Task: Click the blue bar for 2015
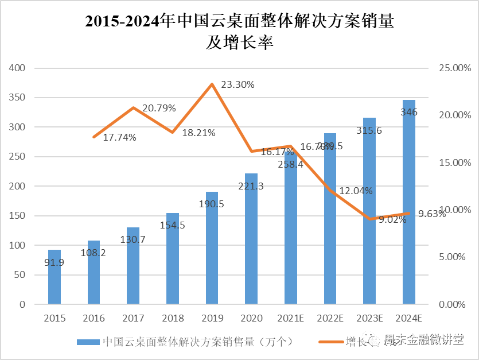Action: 54,277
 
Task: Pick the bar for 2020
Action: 251,239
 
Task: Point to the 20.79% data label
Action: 159,108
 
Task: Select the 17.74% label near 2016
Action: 120,137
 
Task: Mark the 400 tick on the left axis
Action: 18,68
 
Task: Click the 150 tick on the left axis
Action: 18,216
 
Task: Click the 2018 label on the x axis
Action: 173,318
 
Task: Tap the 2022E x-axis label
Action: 330,318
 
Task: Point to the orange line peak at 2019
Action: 212,84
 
